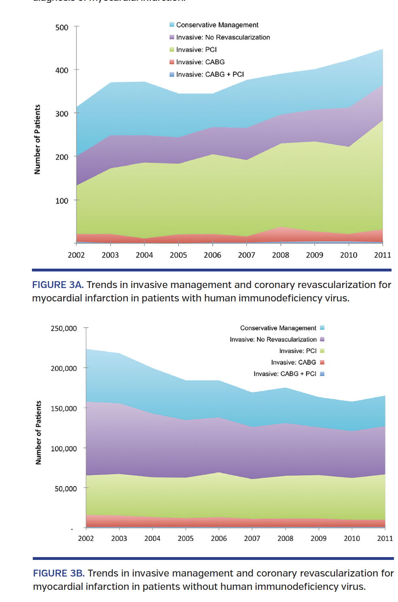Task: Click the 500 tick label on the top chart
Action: coord(62,28)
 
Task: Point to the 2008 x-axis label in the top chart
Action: coord(280,255)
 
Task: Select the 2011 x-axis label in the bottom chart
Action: coord(385,538)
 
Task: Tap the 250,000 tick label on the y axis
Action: coord(64,329)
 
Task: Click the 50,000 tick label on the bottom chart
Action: coord(66,489)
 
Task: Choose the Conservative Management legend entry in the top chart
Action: coord(217,25)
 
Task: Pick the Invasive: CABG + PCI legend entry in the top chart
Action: coord(210,74)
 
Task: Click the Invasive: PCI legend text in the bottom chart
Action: coord(298,351)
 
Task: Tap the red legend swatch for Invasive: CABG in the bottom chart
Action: coord(322,362)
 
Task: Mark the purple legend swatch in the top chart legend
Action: coord(172,37)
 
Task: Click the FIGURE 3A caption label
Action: coord(58,285)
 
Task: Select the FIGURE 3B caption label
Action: coord(59,573)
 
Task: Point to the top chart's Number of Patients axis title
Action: coord(38,139)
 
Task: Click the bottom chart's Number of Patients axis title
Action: coord(39,432)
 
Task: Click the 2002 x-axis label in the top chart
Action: coord(76,255)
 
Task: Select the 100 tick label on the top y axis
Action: coord(62,201)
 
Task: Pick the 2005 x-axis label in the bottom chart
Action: coord(186,538)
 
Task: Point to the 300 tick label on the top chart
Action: coord(62,114)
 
